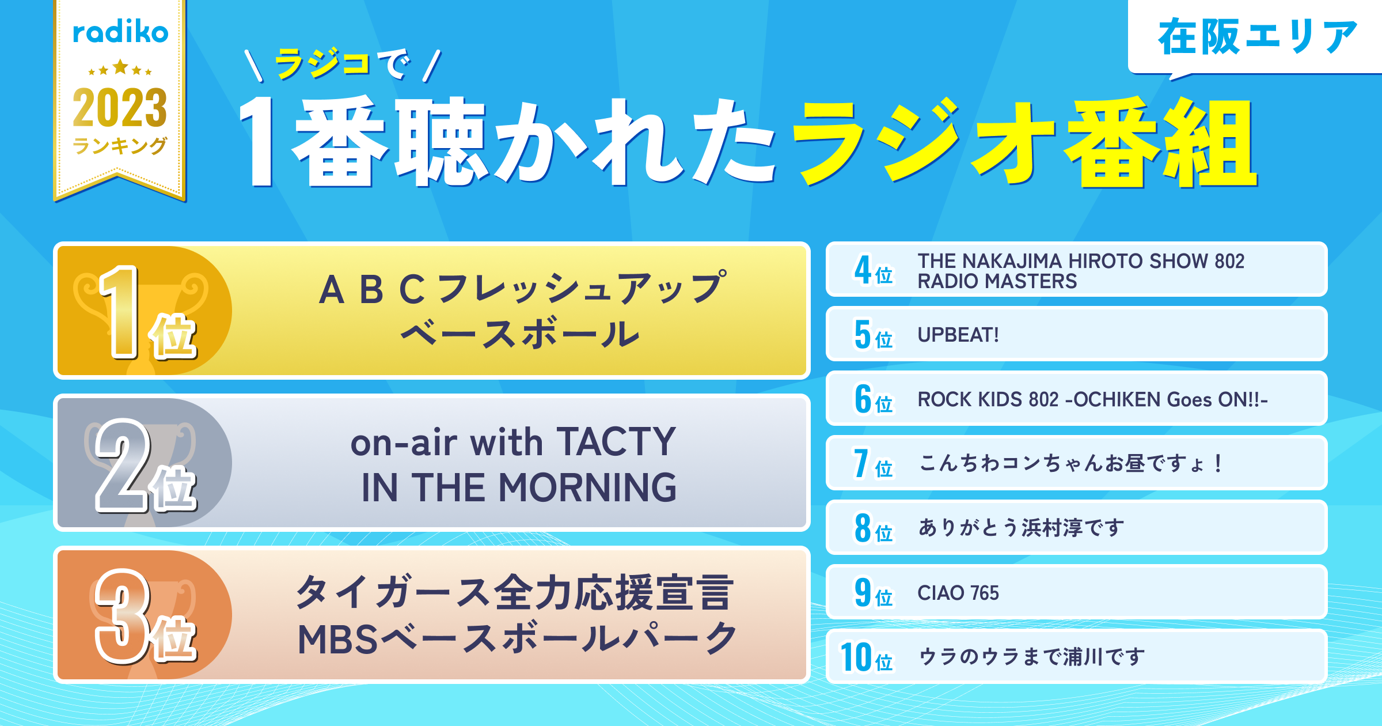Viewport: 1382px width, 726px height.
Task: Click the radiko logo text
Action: [120, 32]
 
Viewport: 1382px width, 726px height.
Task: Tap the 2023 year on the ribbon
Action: [120, 108]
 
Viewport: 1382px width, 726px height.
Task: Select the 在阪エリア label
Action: [1258, 37]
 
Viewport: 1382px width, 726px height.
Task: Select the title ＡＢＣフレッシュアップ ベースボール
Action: [522, 311]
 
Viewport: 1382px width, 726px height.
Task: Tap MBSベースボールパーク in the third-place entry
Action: [517, 639]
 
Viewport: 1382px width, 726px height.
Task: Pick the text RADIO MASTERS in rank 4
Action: [997, 282]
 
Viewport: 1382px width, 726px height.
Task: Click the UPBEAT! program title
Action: [958, 335]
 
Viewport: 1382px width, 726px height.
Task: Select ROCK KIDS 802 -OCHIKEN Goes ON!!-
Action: [1092, 399]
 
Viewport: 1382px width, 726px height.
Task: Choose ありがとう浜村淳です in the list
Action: [1022, 528]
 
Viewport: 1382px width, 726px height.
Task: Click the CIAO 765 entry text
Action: [958, 593]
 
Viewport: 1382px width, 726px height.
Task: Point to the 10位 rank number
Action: [867, 657]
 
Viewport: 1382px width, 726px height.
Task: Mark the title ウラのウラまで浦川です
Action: [1031, 657]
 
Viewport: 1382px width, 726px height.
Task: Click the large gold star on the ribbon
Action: [120, 67]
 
